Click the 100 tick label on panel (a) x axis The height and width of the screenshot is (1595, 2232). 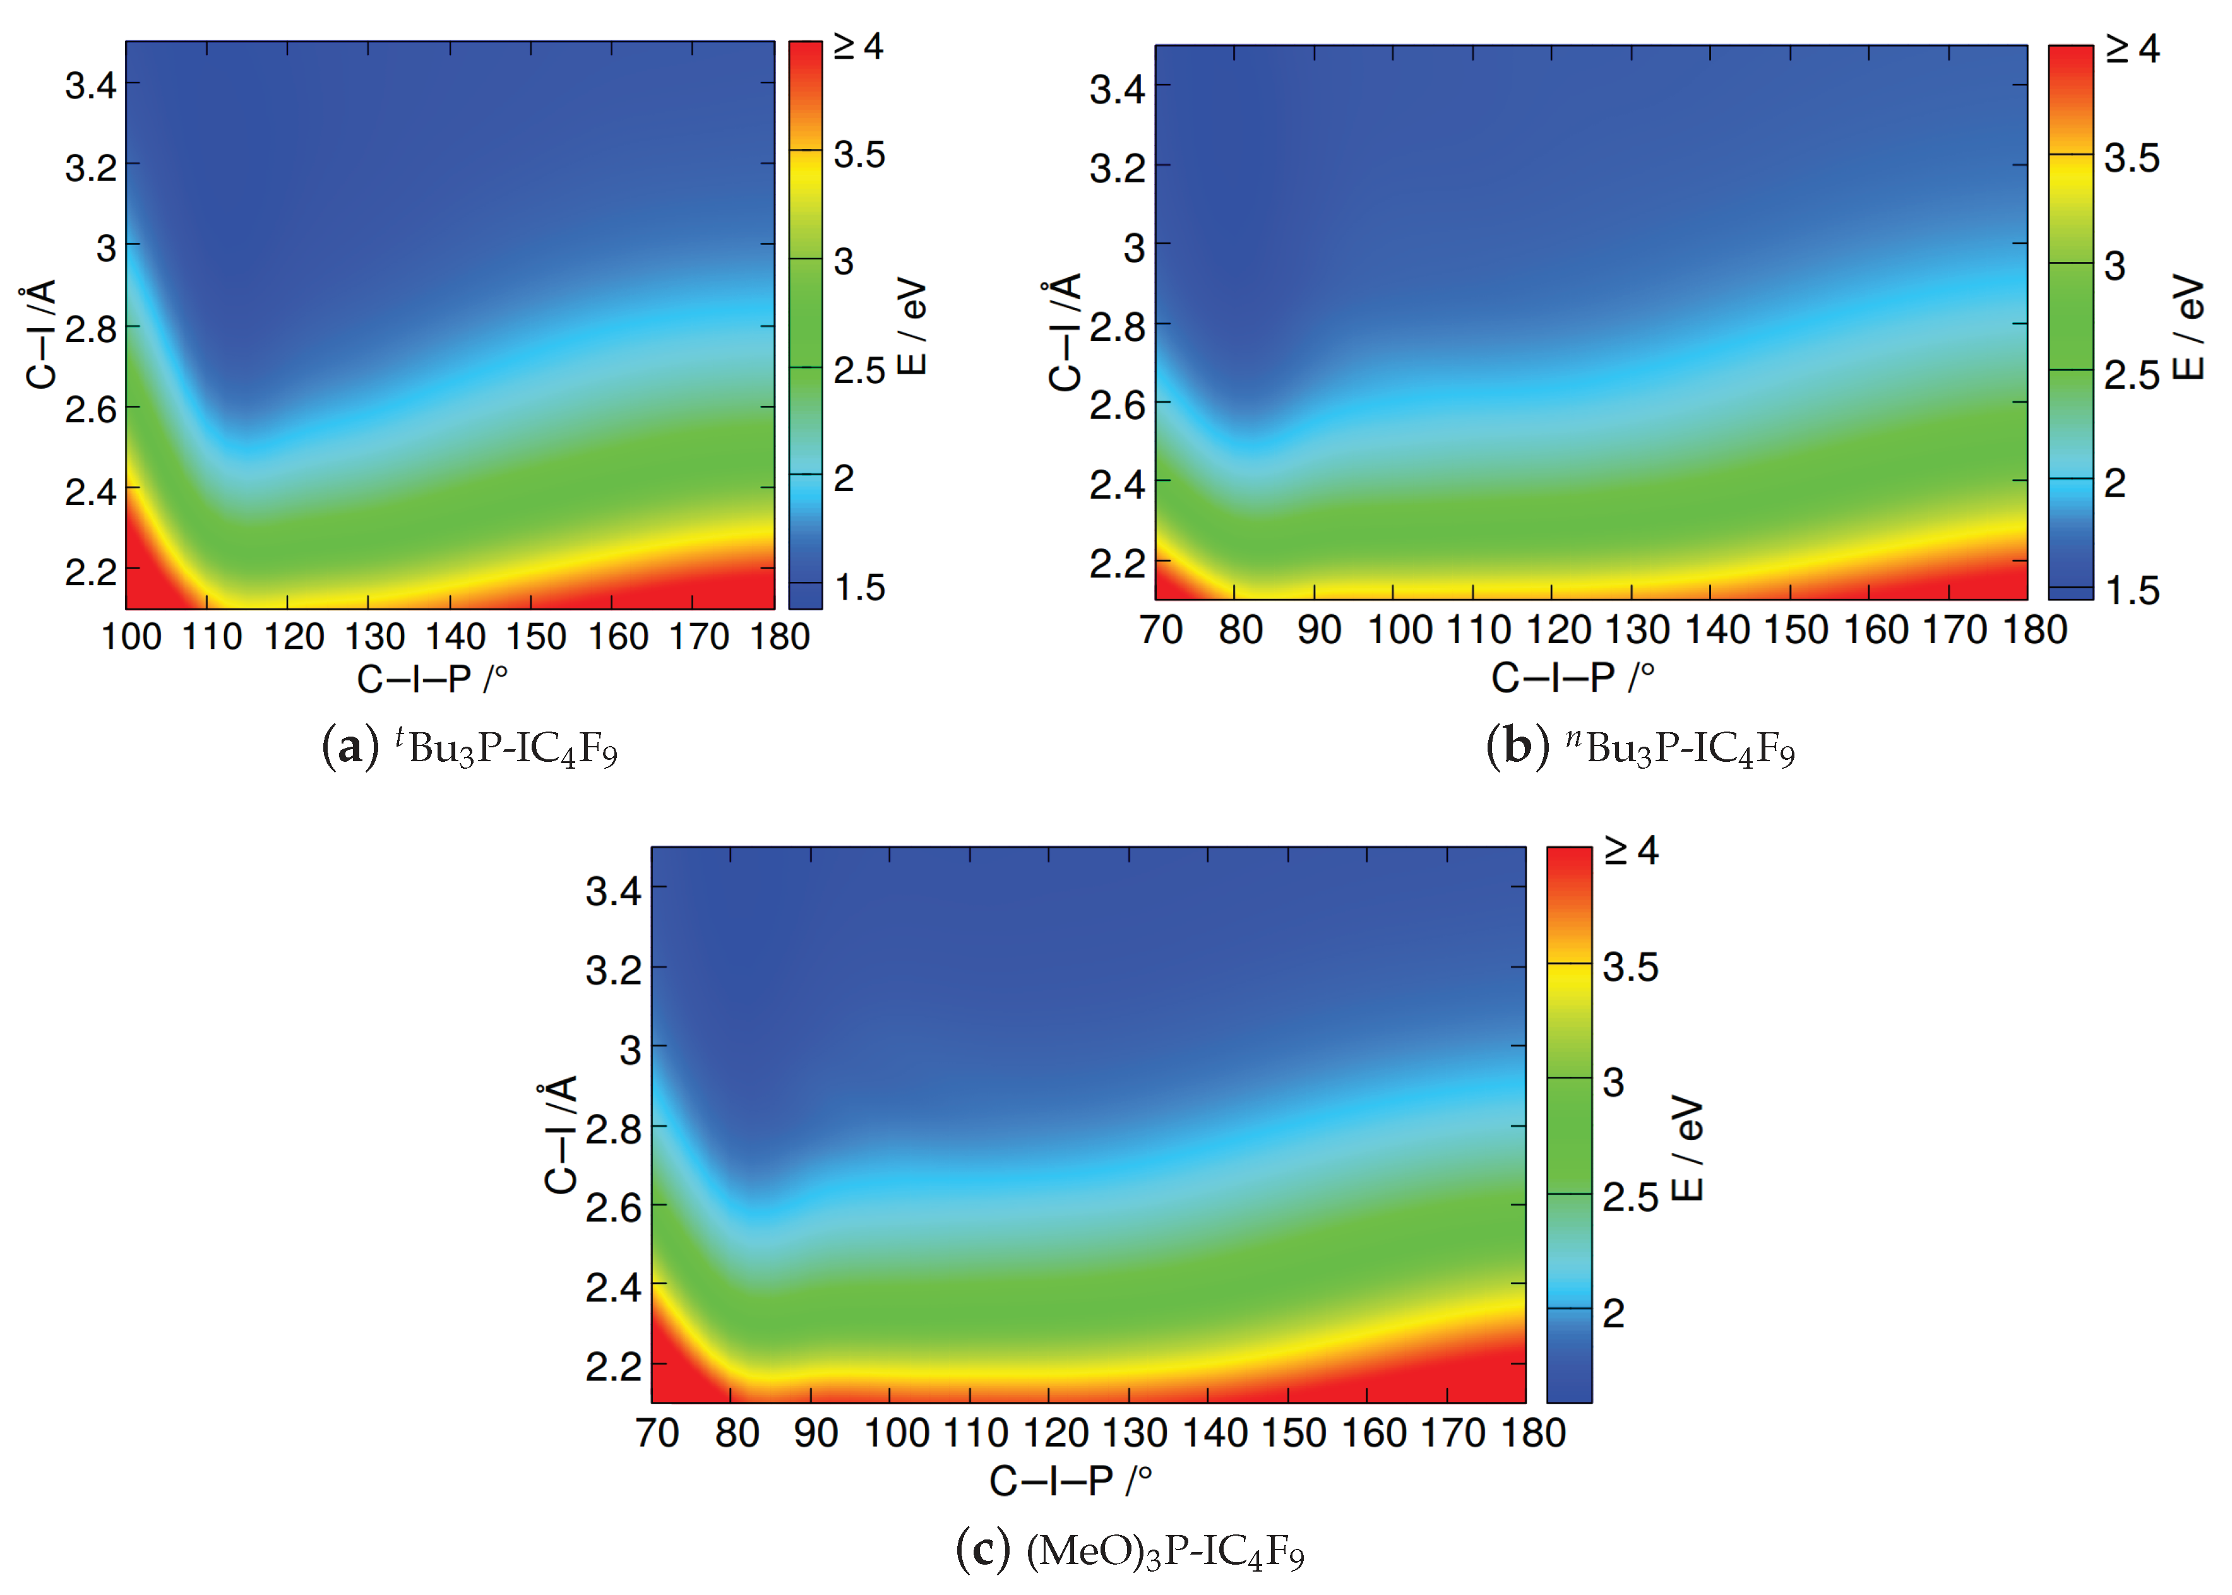(x=131, y=637)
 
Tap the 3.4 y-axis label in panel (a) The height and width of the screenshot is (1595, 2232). (x=90, y=86)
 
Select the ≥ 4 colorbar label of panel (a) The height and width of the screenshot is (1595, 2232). (x=857, y=46)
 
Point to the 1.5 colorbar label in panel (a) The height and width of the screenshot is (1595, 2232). (x=859, y=588)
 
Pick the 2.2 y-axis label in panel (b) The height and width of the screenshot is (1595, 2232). (x=1117, y=564)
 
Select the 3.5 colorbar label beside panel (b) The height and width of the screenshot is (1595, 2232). (x=2131, y=158)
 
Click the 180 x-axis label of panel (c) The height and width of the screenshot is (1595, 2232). (x=1532, y=1434)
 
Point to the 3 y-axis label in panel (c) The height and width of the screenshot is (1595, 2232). (x=630, y=1050)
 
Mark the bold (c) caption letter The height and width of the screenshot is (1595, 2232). (x=982, y=1551)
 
